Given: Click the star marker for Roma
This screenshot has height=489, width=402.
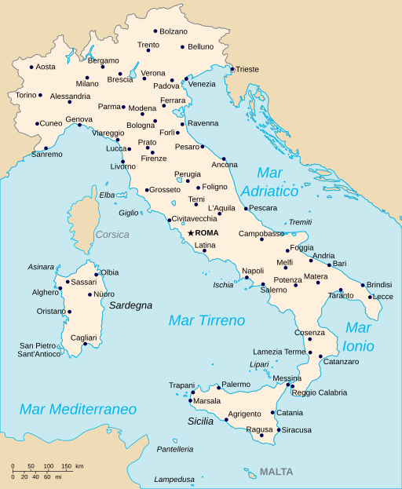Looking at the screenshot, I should pos(191,233).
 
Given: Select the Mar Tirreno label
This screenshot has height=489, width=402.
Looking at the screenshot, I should pos(206,320).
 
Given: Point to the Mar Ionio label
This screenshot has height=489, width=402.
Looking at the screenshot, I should pos(358,337).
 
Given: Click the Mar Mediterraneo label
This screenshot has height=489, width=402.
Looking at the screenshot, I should pos(78,409).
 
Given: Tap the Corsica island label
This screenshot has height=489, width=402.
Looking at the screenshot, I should pos(111,234).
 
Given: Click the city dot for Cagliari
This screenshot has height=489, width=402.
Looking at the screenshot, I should pos(85,344).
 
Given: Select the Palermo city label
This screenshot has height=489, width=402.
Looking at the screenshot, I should pos(236,384).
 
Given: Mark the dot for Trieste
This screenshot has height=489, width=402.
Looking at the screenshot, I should pos(232,69).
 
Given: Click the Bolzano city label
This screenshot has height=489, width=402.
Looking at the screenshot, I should pos(174,31).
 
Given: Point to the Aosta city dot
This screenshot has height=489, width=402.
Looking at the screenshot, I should pos(31,67).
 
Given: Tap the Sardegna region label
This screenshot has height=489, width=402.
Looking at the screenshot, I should pos(130,305).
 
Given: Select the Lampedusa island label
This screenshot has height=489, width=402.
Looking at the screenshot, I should pos(174,480).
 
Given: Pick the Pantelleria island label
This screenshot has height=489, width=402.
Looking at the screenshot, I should pos(174,449).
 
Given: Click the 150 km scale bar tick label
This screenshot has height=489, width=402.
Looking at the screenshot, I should pos(67,466).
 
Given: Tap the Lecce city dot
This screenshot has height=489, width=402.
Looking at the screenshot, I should pos(370,297).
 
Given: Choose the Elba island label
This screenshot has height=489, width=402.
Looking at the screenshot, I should pos(107,195).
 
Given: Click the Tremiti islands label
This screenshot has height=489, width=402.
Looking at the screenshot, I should pos(300,222).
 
